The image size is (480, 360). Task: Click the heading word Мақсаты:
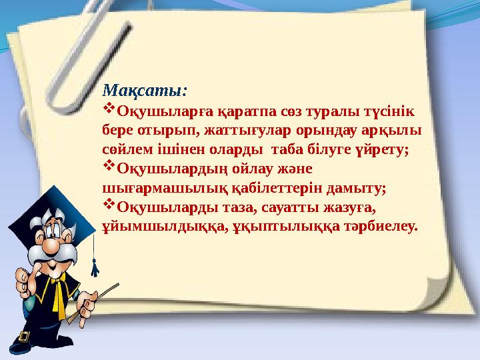(x=142, y=90)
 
